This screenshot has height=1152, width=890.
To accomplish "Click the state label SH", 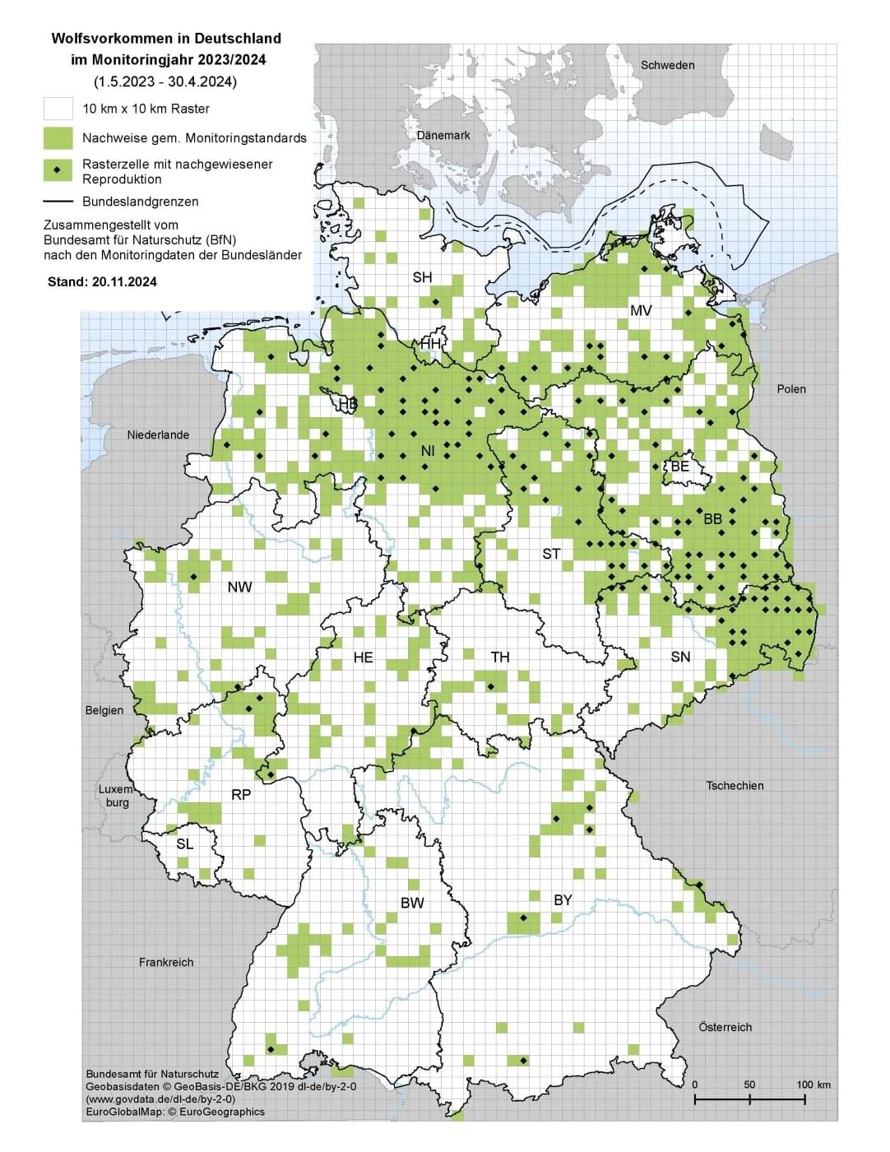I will click(x=422, y=278).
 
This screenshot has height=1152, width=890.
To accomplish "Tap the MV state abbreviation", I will click(x=641, y=310).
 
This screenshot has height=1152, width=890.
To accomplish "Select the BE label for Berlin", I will click(x=680, y=467).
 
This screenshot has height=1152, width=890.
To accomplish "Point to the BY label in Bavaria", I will click(x=563, y=900).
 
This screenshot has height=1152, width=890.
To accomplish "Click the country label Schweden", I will click(x=667, y=65).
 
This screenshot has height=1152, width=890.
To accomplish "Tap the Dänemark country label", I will click(x=443, y=135).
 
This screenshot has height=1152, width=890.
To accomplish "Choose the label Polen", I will click(x=791, y=388).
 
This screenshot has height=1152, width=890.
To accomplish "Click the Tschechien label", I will click(x=735, y=786).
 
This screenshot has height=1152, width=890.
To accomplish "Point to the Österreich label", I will click(x=725, y=1027).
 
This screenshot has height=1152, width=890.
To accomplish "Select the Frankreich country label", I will click(x=166, y=962).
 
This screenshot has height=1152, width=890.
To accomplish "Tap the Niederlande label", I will click(x=158, y=434).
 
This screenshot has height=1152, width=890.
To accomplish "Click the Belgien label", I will click(x=104, y=710).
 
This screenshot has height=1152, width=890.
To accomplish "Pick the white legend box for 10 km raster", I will click(x=58, y=109).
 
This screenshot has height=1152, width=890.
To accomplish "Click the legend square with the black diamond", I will click(x=58, y=170).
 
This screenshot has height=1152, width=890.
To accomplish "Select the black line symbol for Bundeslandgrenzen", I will click(x=58, y=202).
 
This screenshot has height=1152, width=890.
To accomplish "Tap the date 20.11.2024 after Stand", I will click(x=124, y=281).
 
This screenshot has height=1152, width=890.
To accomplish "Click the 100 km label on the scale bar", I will click(x=814, y=1085).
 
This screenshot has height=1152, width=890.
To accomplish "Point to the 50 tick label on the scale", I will click(x=749, y=1085).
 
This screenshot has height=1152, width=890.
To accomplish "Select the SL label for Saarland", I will click(x=185, y=844).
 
